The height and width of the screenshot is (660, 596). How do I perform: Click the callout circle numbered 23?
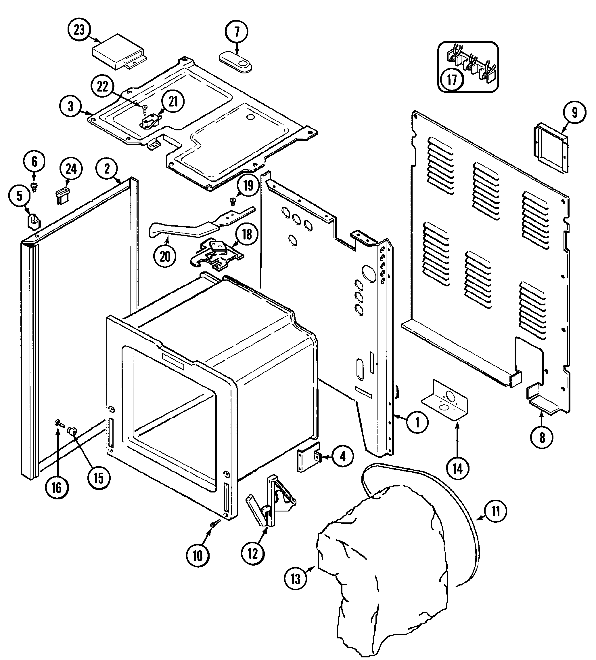click(79, 30)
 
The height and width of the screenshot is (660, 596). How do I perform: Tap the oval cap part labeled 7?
click(235, 62)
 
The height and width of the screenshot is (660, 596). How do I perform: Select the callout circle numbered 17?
click(452, 79)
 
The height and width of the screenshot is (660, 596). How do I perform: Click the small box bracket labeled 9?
click(551, 148)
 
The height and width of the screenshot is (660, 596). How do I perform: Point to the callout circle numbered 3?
click(71, 106)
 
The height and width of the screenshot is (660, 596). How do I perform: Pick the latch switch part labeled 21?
click(150, 121)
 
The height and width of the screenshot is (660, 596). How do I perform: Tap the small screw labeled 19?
click(233, 201)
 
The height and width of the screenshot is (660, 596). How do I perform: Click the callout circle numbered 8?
click(542, 437)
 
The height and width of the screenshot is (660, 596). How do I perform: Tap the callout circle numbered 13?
click(295, 579)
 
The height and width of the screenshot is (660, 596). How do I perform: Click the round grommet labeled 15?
click(71, 431)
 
